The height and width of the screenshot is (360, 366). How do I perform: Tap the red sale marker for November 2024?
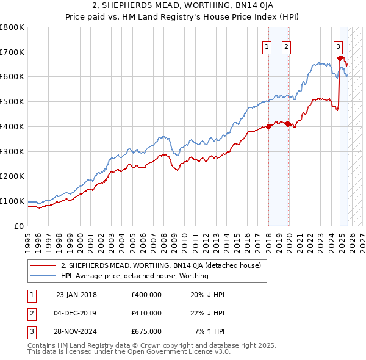click(340, 59)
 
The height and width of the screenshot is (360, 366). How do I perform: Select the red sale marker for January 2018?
click(269, 127)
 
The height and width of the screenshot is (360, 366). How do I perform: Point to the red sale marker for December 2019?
click(289, 124)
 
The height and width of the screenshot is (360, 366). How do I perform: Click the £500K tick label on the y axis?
click(12, 102)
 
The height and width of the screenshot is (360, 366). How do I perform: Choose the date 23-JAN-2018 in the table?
click(76, 295)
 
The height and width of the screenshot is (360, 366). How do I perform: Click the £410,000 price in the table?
click(146, 313)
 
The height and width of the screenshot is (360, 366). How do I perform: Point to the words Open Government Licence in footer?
click(170, 351)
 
